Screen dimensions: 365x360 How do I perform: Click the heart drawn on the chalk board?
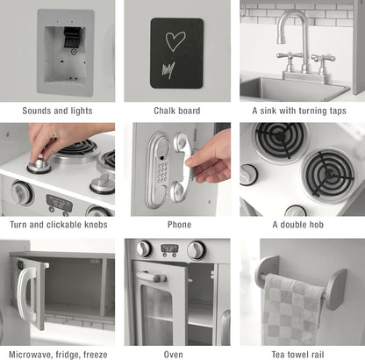pos(175,41)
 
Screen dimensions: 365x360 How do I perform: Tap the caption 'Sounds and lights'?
pos(57,111)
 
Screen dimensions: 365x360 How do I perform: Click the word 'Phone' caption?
pos(179,225)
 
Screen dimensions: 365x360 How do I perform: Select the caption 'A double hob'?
pos(297,225)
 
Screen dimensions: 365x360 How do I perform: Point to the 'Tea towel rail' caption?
pos(297,355)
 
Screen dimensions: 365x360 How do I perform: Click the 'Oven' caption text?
pos(173,355)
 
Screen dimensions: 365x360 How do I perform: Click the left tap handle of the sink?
pos(289,56)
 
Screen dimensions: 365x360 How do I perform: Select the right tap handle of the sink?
pos(323,58)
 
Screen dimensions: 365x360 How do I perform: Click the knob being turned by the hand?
pos(39,165)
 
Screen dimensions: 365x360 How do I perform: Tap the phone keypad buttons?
pos(161,171)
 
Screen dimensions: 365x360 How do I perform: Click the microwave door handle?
pos(25,293)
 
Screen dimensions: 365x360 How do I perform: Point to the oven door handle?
pos(152,277)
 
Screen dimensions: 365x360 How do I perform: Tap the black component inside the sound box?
pos(71,37)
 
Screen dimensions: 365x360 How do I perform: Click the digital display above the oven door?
pos(169,248)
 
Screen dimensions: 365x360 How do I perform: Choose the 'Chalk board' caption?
pos(177,111)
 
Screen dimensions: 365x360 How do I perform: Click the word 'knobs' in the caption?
pos(96,225)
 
